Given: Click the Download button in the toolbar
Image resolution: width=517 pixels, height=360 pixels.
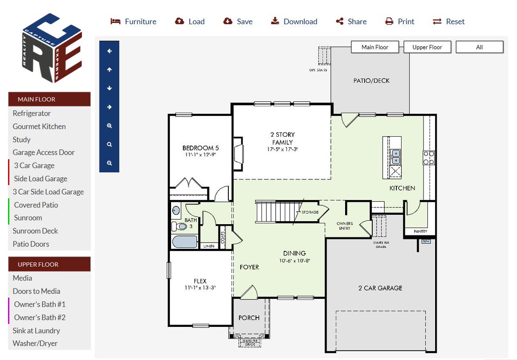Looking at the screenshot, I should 294,22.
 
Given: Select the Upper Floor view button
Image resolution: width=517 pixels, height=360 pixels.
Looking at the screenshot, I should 427,47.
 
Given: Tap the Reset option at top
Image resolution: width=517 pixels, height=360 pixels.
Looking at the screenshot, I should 449,22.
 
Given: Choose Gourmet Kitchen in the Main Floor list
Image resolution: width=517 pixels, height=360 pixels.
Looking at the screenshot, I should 39,126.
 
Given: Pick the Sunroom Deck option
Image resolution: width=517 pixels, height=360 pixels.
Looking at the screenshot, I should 35,231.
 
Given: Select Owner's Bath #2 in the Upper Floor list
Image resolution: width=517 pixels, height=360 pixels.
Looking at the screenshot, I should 40,317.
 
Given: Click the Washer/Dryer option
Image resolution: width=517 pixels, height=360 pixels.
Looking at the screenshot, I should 35,344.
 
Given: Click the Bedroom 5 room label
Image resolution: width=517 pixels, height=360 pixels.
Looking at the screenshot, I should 201,148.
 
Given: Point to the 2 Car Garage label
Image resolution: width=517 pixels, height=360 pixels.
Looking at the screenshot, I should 380,288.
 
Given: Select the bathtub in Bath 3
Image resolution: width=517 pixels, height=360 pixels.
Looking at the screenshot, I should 185,241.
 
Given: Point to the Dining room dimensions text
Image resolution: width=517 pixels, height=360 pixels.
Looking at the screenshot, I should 294,261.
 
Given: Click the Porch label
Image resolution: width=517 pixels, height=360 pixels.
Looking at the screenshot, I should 249,318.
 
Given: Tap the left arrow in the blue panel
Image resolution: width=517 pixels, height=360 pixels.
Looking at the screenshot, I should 109,51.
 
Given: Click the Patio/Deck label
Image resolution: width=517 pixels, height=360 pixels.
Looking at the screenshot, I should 371,81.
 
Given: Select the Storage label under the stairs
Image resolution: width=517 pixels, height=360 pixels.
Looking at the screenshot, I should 310,213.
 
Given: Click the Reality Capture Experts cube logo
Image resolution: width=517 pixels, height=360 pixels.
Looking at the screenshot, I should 52,48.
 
